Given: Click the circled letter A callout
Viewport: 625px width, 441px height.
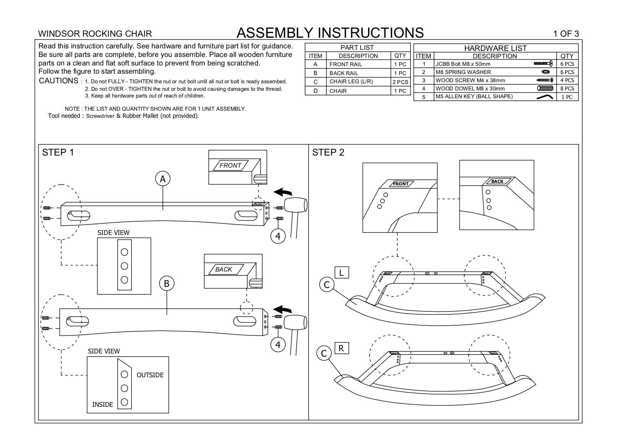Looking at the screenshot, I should pyautogui.click(x=163, y=179).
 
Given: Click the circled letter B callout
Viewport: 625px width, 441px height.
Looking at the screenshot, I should pyautogui.click(x=166, y=284).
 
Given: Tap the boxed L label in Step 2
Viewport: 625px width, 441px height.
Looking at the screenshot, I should pyautogui.click(x=341, y=273).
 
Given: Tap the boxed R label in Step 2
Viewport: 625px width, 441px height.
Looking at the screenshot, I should pyautogui.click(x=341, y=348).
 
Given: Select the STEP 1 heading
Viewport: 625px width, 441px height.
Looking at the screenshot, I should pyautogui.click(x=58, y=153).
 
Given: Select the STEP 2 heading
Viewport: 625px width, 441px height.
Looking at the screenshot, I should pyautogui.click(x=328, y=153).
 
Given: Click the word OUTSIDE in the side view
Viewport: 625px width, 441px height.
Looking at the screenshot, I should pyautogui.click(x=150, y=375).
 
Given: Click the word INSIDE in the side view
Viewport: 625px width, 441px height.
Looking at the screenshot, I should pyautogui.click(x=103, y=405).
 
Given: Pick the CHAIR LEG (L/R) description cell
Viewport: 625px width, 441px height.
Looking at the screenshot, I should pyautogui.click(x=351, y=82).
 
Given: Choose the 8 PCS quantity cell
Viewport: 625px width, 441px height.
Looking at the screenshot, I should pyautogui.click(x=567, y=89).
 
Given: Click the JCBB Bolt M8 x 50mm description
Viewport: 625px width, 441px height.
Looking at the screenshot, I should pyautogui.click(x=463, y=64).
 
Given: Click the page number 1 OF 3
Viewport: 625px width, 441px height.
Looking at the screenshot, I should pyautogui.click(x=566, y=34).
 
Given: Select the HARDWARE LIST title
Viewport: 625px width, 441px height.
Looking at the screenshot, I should pyautogui.click(x=495, y=48).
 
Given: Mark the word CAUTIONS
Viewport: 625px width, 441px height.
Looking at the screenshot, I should pyautogui.click(x=58, y=81).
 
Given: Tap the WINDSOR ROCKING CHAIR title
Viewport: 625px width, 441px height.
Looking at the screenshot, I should pyautogui.click(x=95, y=34).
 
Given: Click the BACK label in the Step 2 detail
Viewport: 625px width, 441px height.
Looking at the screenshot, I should pyautogui.click(x=497, y=182).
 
